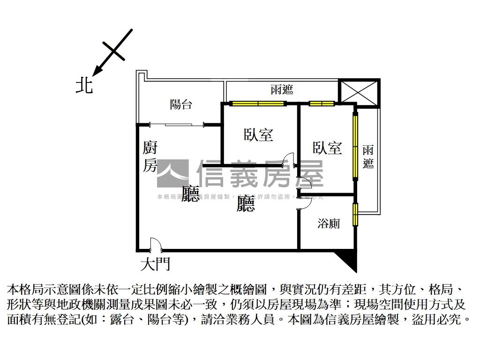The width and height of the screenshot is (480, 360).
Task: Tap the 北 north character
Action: (85, 86)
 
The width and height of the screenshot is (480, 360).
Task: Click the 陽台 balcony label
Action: (181, 104)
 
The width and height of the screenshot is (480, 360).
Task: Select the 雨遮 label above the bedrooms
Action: (282, 90)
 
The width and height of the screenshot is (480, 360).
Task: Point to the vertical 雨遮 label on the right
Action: (368, 157)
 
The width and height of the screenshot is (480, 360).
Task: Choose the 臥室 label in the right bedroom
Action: (328, 148)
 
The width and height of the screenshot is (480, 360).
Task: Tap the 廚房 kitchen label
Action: (150, 157)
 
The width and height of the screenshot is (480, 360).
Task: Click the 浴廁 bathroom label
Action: (329, 224)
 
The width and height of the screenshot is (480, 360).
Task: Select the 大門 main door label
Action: (155, 264)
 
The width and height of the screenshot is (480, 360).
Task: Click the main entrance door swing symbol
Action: (155, 245)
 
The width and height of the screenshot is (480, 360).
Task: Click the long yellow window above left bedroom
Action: (257, 104)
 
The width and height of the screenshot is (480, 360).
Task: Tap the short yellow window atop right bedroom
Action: (322, 104)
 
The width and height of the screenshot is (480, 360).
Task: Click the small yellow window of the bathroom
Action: (355, 214)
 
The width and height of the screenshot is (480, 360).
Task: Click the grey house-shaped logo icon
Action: (172, 173)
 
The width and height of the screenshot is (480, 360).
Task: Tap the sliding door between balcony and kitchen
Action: (178, 124)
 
